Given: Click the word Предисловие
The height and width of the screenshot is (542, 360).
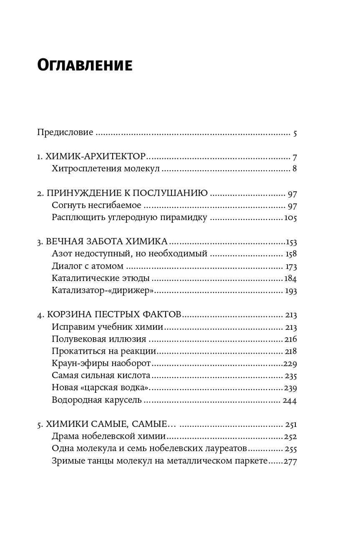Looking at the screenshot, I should (65, 133).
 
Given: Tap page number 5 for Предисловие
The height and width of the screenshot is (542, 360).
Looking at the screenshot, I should (295, 133).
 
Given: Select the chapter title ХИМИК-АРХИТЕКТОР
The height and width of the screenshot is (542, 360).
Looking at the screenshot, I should (96, 157).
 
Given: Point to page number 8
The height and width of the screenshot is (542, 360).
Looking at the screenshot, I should (295, 169).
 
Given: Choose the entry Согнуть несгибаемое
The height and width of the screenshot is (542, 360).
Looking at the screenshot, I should (97, 205).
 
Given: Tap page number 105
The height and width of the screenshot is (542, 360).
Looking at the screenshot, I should (290, 218).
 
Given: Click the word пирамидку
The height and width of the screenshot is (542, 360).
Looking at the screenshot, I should (187, 218).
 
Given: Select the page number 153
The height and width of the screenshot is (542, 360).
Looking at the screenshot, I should (290, 242).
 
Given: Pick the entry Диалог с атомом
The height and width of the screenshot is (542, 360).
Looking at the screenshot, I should (88, 266).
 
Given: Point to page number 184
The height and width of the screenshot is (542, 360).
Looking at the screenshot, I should (290, 279).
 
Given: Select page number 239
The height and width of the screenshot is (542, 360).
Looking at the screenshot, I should (290, 388).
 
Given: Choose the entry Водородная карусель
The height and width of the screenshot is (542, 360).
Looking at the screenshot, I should (97, 400).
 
